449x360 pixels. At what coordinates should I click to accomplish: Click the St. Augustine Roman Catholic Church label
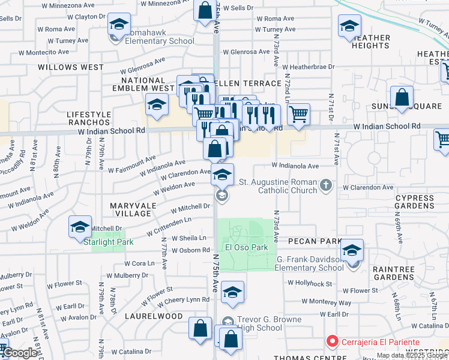point(278,186)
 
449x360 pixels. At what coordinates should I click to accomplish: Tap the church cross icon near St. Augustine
point(326,185)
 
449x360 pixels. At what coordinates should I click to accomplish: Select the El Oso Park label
point(246,247)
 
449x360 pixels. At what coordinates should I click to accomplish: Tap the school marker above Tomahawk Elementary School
point(119,26)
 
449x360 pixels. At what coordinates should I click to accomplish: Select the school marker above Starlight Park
point(80,227)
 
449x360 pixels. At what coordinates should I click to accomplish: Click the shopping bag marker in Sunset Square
point(402,97)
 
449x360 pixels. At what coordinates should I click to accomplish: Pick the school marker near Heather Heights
point(349,27)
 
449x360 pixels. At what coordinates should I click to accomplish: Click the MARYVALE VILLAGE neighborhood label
point(131,209)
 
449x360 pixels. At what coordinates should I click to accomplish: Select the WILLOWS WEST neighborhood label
point(71,67)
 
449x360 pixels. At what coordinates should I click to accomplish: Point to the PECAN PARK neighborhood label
point(315,241)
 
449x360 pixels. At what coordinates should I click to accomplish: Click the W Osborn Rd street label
point(191,250)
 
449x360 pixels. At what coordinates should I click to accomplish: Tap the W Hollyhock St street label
point(310,283)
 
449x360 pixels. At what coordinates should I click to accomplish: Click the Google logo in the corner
point(20,353)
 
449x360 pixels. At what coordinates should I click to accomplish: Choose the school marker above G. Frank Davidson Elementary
point(352,250)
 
